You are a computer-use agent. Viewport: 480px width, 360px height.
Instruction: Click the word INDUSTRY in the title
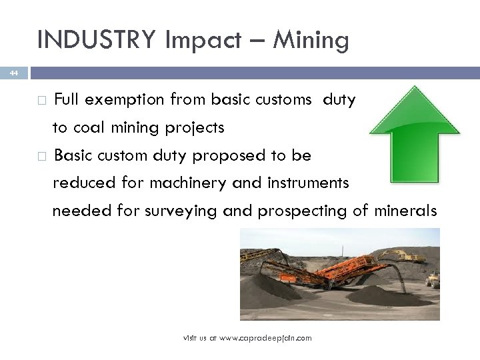(x=96, y=40)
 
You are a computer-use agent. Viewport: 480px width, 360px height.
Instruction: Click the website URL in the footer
(x=247, y=339)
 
